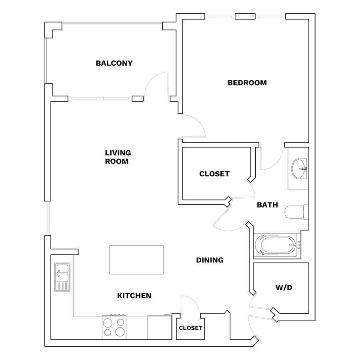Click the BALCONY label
coord(114,63)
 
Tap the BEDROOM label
coord(247,83)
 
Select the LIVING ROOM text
coord(118,157)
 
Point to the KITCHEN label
coord(134,296)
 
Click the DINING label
coord(210,260)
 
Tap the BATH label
coord(268,205)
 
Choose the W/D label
coord(284,288)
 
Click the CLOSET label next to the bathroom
coord(214,174)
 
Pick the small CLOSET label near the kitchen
coord(190,328)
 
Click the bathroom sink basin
coord(299,168)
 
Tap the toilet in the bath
coord(296,212)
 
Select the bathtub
coord(277,245)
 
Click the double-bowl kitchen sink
coord(62,277)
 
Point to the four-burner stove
coord(114,327)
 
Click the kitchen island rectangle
coord(136,260)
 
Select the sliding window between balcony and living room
coord(100,99)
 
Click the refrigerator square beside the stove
coord(160,327)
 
